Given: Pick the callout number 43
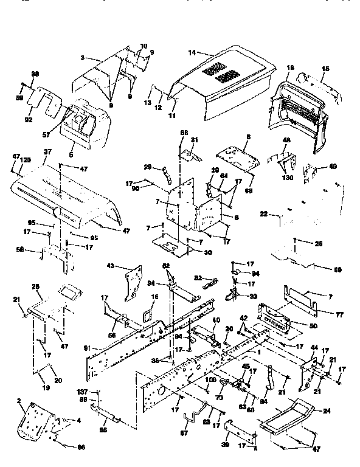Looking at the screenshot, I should point(128,266).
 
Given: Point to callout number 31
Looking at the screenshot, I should point(195,139).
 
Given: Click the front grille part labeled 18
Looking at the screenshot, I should point(301,109).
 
